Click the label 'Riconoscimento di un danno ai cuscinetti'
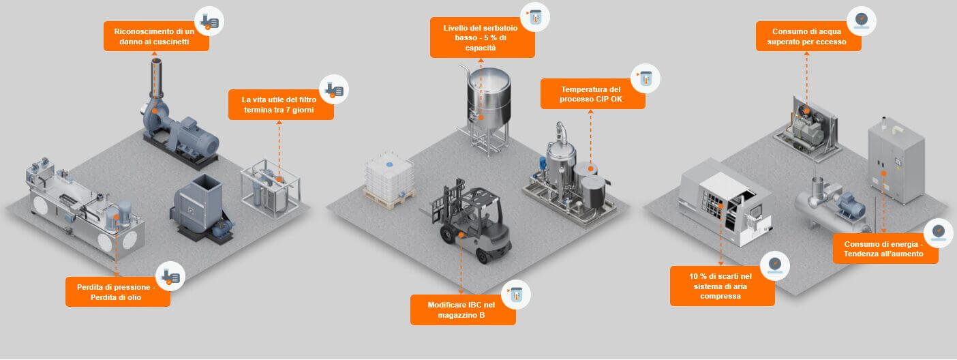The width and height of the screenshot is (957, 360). pos(156,36)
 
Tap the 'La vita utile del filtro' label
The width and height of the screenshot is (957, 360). pos(281,104)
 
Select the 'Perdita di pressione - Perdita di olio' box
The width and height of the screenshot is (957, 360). pos(118,291)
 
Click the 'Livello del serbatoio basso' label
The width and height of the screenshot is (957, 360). pos(482,37)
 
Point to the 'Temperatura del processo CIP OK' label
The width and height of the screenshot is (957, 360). pos(591,93)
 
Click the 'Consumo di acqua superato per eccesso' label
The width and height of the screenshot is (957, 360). pos(808,36)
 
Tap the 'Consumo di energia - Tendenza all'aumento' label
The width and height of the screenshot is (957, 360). pos(885,249)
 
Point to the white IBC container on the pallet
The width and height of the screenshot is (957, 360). pos(389,177)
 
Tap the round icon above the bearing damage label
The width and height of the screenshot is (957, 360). pos(209,22)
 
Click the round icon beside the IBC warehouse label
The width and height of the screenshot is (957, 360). pos(516,295)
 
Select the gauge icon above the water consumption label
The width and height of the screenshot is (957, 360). pos(861,20)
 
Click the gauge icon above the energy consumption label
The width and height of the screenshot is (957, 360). pos(938,232)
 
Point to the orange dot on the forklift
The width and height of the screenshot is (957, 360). pos(462,234)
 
